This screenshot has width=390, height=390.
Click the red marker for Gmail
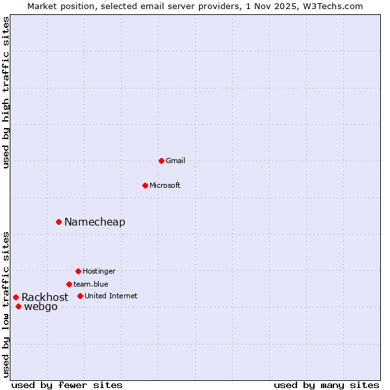161,161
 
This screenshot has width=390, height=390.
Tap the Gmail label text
175,161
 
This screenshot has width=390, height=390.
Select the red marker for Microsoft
145,185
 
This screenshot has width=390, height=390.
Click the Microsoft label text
164,185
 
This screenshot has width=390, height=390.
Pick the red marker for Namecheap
58,222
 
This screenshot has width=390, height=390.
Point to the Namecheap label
95,222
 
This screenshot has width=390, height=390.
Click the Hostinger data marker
78,271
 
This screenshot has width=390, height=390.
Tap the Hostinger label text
99,271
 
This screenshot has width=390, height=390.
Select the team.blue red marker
69,284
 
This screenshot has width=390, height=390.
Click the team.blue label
91,284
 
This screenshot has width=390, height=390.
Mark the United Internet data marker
80,296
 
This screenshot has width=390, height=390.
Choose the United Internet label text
111,296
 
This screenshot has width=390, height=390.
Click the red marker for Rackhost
16,297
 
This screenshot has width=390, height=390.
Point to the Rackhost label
45,297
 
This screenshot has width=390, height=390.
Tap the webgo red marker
18,306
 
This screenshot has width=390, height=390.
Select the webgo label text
41,307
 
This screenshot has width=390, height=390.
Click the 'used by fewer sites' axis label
67,385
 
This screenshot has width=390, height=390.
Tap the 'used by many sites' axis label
326,385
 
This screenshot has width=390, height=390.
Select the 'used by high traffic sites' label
6,92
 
